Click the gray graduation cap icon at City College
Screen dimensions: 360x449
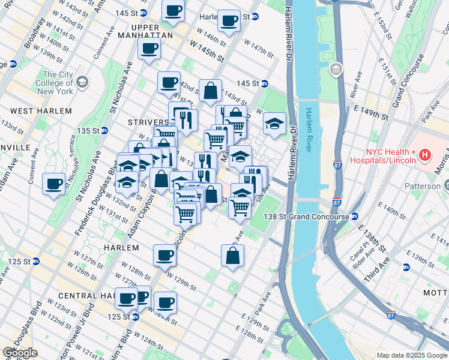(82, 82)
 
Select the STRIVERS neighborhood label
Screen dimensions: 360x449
(148, 122)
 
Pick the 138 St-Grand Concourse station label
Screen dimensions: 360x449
(306, 216)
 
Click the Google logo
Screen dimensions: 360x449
(19, 353)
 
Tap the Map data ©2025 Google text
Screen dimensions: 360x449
(412, 355)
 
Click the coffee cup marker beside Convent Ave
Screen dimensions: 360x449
(54, 184)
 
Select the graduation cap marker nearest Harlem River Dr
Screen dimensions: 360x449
(274, 124)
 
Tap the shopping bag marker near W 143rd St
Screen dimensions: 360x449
(211, 91)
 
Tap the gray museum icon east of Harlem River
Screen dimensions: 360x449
(336, 71)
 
